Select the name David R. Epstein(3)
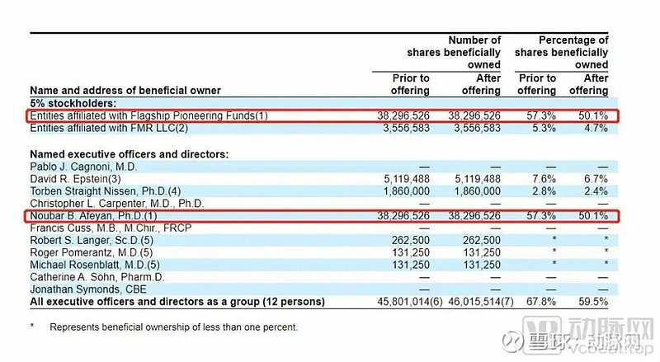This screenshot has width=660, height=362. tap(75, 178)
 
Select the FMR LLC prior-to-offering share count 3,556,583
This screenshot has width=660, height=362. tap(401, 129)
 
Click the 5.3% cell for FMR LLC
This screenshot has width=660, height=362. tap(542, 129)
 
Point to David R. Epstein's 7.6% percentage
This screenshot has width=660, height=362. tap(542, 178)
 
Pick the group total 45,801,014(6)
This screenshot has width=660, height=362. tap(395, 302)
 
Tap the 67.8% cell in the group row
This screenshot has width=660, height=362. tap(540, 302)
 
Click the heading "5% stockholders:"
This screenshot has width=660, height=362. tap(73, 104)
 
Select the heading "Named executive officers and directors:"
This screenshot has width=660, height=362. tap(129, 154)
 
